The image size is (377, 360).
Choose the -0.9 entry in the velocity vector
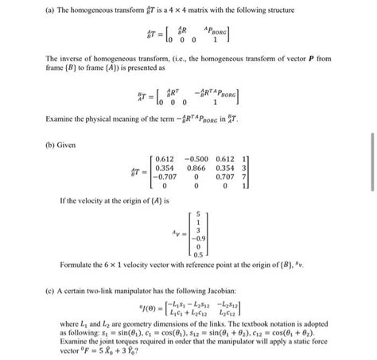(199, 238)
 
